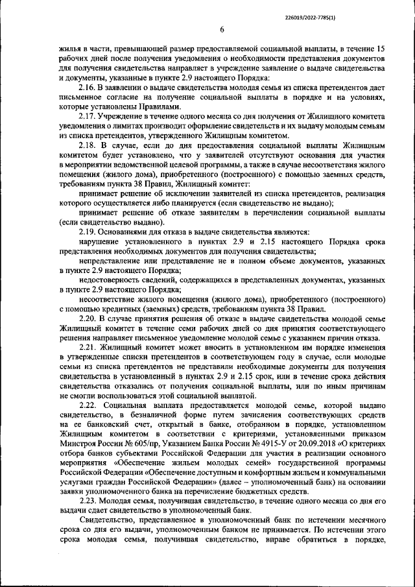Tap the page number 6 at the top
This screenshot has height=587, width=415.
pyautogui.click(x=222, y=29)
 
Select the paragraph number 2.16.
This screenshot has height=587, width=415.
pyautogui.click(x=87, y=88)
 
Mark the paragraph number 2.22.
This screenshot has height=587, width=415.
pyautogui.click(x=87, y=405)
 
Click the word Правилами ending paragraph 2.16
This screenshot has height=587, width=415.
pyautogui.click(x=153, y=107)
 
